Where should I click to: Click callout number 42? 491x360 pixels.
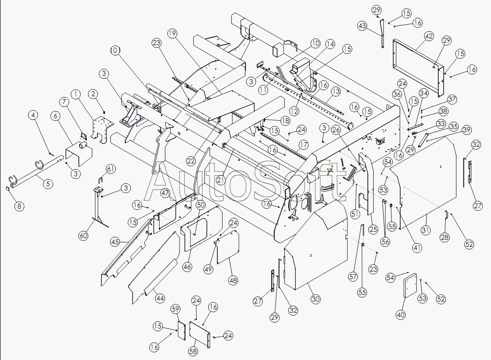point(429,36)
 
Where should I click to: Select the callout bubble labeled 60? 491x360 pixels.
point(84,236)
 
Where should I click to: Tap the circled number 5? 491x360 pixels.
point(49,183)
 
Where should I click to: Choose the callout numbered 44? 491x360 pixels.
point(160,298)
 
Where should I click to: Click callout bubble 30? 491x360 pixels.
point(316,299)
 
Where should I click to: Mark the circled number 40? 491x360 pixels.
point(400,315)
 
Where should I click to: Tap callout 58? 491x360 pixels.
point(193,351)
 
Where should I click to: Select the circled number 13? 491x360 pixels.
point(335,91)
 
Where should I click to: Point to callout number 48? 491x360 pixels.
point(233,280)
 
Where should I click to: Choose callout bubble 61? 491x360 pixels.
point(111,169)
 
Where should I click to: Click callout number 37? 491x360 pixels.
point(452,100)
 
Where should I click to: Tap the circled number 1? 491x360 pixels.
point(76,94)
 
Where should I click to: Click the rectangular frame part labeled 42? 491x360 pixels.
point(419,62)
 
